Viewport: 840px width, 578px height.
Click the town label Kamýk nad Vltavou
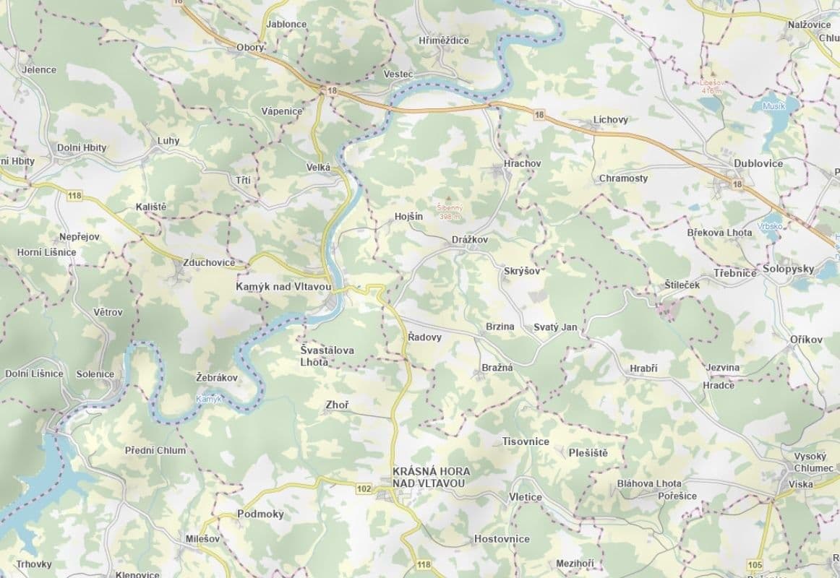(x=283, y=287)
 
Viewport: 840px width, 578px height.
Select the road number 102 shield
(x=364, y=489)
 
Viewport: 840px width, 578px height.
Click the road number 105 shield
(x=756, y=564)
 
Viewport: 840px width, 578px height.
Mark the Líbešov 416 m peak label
(x=711, y=87)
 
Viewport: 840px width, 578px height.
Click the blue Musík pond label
(x=774, y=105)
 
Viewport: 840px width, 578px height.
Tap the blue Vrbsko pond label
(x=771, y=225)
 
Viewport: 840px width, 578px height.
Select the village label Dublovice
(x=758, y=163)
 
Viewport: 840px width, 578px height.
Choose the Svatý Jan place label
(x=555, y=327)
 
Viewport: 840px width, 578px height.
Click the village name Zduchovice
(x=209, y=262)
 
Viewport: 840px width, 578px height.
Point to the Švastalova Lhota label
(x=327, y=355)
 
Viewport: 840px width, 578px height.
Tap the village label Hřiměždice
(x=443, y=40)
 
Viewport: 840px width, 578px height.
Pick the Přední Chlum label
(x=155, y=450)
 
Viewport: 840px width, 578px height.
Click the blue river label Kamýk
(x=209, y=399)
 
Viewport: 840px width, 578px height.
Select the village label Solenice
(x=95, y=374)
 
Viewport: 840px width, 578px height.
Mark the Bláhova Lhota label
(x=649, y=483)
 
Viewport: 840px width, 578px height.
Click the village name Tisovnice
(x=526, y=441)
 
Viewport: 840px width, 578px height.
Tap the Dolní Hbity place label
(x=82, y=148)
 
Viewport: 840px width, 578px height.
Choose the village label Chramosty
(x=623, y=178)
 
